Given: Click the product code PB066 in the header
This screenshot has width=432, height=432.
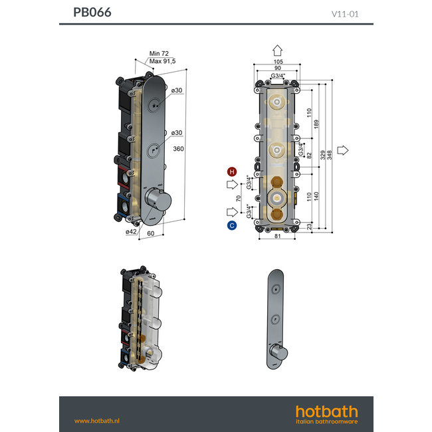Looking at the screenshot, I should pyautogui.click(x=92, y=13).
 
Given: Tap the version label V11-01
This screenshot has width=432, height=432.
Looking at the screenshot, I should pyautogui.click(x=344, y=13).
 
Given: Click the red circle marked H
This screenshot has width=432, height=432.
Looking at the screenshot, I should pyautogui.click(x=232, y=171).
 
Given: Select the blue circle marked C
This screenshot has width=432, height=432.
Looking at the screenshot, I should pyautogui.click(x=232, y=225).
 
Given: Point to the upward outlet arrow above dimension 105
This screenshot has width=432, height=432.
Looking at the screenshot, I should pyautogui.click(x=278, y=51).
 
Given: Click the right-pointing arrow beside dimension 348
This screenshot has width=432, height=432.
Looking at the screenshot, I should pyautogui.click(x=343, y=150).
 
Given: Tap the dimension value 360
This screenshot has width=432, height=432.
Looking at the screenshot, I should pyautogui.click(x=178, y=149).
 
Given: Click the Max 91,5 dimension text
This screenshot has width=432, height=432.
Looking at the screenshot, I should pyautogui.click(x=163, y=61).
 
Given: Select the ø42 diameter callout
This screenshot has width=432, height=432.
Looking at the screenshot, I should pyautogui.click(x=132, y=232).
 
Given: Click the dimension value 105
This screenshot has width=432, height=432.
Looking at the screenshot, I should pyautogui.click(x=278, y=62).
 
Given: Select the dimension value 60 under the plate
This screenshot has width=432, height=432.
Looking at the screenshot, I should pyautogui.click(x=150, y=235).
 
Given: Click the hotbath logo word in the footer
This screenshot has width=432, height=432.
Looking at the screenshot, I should pyautogui.click(x=326, y=411).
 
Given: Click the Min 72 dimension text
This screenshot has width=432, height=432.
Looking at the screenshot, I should pyautogui.click(x=160, y=53).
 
